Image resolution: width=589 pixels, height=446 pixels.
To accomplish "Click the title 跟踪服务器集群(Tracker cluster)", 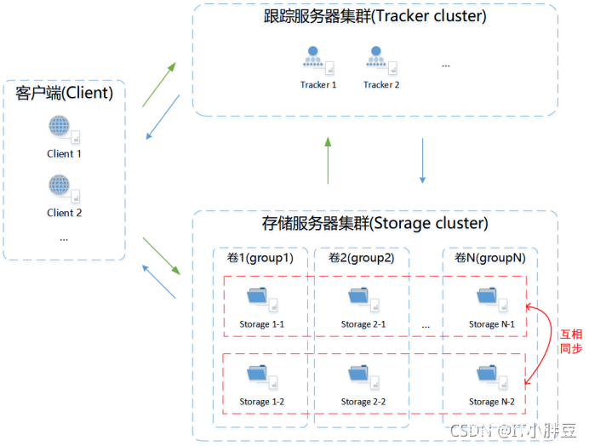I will click(x=375, y=17).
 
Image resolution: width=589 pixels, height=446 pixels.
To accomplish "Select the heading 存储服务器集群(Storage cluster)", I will click(x=375, y=224).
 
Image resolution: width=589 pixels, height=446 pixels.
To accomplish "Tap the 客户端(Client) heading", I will click(x=65, y=92).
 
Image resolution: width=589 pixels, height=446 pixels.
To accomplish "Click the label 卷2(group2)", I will click(x=361, y=258).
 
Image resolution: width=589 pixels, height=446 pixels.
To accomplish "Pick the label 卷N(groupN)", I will click(x=489, y=258).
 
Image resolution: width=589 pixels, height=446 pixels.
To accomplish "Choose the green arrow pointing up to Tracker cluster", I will click(x=329, y=161).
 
